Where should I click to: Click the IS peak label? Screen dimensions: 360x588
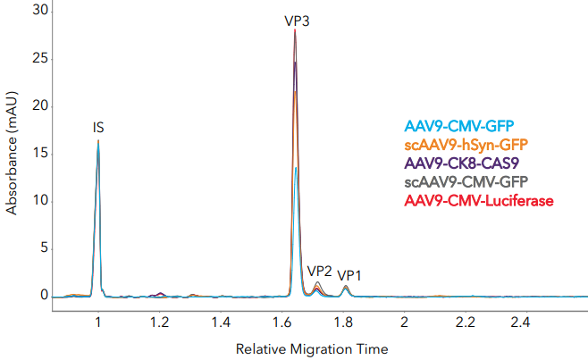pos(98,128)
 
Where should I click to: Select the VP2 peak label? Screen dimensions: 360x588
pos(319,271)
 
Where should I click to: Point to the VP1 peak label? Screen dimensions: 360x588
pos(349,275)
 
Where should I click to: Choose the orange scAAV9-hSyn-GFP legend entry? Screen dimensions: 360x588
pos(466,144)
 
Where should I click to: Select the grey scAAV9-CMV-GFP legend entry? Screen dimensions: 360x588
pos(465,182)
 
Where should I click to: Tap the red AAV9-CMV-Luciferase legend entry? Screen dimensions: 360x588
pos(479,201)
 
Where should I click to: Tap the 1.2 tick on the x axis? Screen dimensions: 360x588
pos(160,321)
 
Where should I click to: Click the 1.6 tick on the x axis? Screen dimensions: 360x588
pos(282,321)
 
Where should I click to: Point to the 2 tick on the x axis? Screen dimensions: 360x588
pos(405,321)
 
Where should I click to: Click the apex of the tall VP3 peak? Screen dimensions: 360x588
pos(295,29)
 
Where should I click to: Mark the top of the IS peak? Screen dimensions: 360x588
pos(98,140)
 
